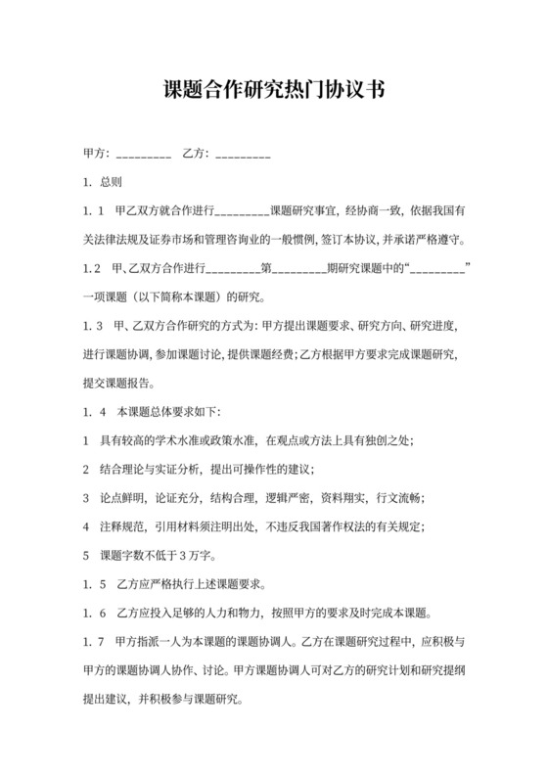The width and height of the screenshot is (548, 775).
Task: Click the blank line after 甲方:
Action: (x=144, y=155)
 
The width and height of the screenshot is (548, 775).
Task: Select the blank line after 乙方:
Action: (x=242, y=155)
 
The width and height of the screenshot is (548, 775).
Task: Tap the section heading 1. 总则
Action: (x=103, y=182)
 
